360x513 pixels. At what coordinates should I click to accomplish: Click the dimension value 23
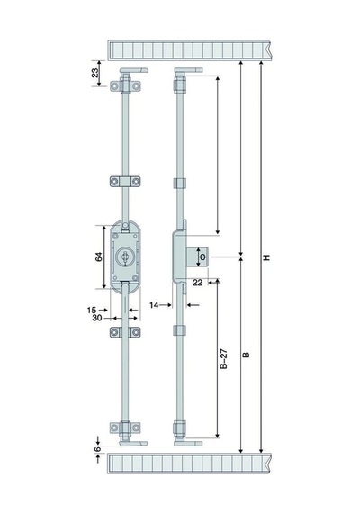tap(94, 73)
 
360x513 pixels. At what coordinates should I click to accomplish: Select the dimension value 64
tap(98, 256)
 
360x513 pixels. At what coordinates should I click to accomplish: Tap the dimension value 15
tap(92, 310)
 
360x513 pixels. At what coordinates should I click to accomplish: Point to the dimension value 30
tap(97, 318)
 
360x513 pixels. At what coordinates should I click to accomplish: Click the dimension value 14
tap(154, 305)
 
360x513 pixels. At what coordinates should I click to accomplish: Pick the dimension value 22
tap(197, 283)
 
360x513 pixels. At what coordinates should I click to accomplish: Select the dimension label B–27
tap(223, 359)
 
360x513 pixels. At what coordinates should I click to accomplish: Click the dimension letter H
tap(267, 257)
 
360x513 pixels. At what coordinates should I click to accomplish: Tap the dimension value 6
tap(97, 449)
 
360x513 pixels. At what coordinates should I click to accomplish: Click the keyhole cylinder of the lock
tap(125, 256)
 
